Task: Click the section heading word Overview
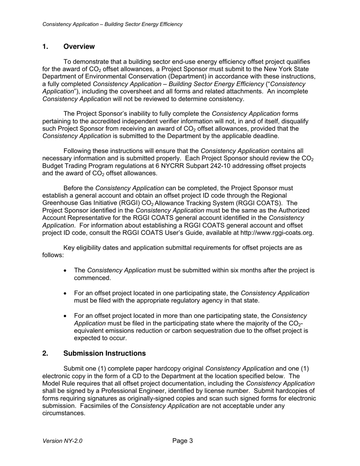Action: (x=79, y=47)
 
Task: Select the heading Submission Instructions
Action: (x=104, y=353)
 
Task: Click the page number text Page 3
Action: (x=183, y=441)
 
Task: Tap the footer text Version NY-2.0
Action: (x=62, y=441)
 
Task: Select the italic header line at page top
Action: (x=112, y=24)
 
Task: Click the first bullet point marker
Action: (x=66, y=271)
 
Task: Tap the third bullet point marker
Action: (x=66, y=316)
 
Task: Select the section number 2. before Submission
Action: (x=45, y=353)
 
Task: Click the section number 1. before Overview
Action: (x=45, y=47)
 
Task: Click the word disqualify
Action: (x=295, y=121)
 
